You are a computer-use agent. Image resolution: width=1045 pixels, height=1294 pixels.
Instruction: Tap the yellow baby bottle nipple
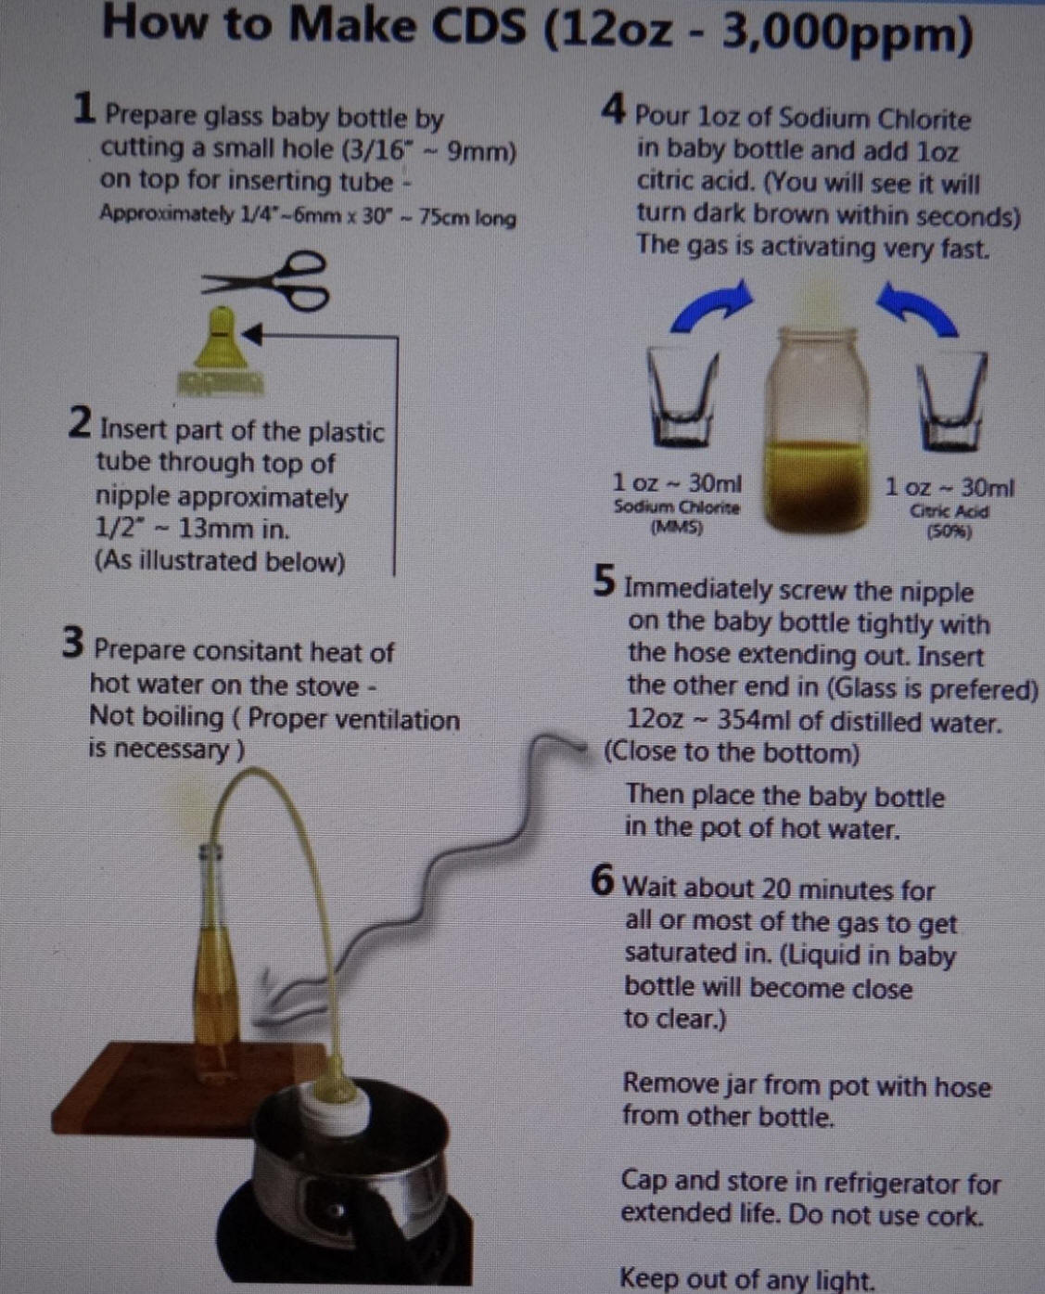click(x=221, y=350)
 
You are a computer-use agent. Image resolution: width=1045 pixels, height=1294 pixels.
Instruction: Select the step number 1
click(x=83, y=109)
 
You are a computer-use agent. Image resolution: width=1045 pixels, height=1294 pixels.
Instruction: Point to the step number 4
click(x=613, y=109)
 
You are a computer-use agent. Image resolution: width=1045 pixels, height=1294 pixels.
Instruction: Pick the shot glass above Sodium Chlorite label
click(x=683, y=397)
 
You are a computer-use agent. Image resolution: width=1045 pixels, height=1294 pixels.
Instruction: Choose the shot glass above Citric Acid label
click(x=951, y=399)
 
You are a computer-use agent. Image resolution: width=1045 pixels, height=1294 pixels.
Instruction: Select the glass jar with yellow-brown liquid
click(x=817, y=430)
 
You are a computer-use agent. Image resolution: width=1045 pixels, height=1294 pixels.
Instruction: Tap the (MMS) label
click(x=677, y=527)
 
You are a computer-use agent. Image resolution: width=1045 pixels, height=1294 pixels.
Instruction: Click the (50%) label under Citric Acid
click(x=949, y=532)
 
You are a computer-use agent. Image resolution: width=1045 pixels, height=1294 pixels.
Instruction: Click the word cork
click(x=951, y=1215)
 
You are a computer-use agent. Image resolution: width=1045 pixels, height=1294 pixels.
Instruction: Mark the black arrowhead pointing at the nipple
click(x=252, y=334)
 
